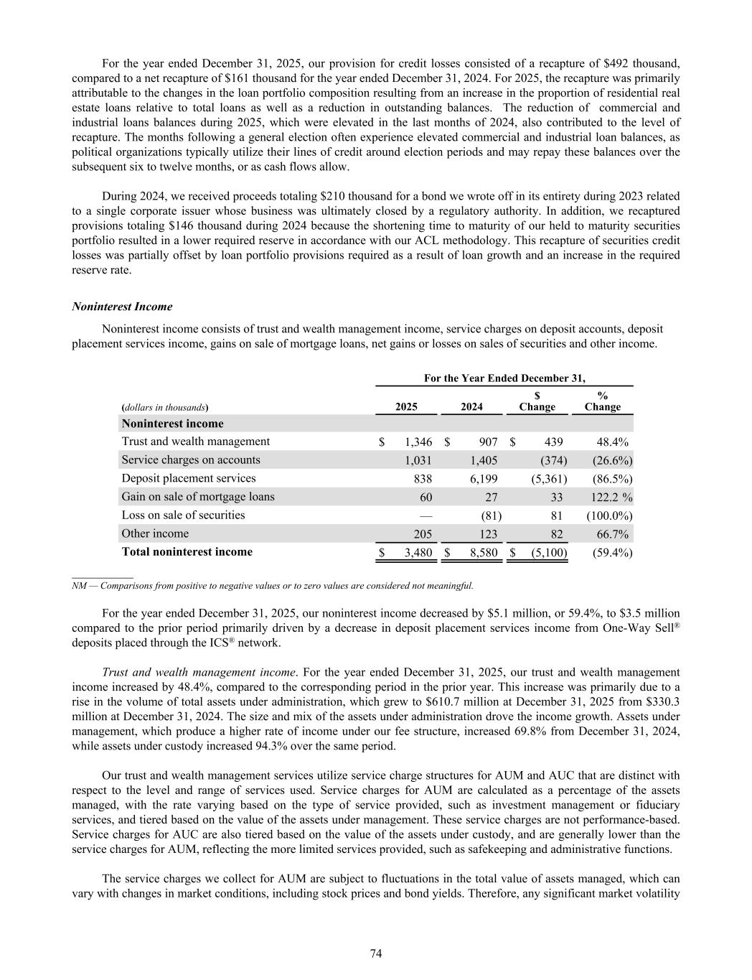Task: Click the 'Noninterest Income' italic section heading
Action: point(122,307)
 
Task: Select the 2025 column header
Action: point(406,406)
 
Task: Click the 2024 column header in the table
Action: point(471,406)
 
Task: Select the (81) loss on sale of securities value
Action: point(491,515)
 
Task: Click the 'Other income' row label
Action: point(155,533)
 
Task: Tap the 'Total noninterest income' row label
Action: point(187,552)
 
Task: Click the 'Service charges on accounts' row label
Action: point(191,460)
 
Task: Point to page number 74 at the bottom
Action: point(376,953)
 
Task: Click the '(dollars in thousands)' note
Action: point(165,407)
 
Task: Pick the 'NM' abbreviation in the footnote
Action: point(79,586)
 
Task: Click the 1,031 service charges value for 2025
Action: point(418,460)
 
